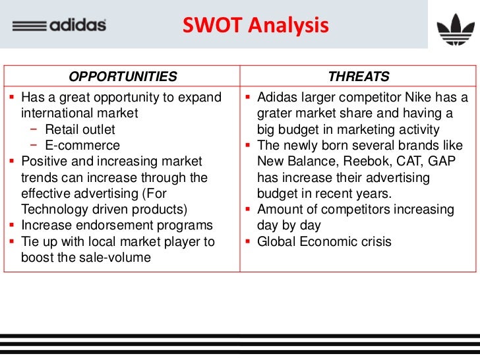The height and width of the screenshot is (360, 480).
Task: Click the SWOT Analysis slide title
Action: tap(255, 26)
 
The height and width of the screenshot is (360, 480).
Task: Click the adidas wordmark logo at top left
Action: tap(60, 26)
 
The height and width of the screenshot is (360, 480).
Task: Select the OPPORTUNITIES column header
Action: tap(123, 76)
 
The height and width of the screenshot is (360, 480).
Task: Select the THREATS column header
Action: tap(359, 76)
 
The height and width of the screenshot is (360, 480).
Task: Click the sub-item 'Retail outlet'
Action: tap(80, 129)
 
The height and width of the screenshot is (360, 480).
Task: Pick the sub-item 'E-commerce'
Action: tap(82, 145)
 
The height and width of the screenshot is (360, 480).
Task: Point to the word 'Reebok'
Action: tap(357, 162)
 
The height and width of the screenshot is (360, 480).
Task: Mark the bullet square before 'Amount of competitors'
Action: tap(249, 210)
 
